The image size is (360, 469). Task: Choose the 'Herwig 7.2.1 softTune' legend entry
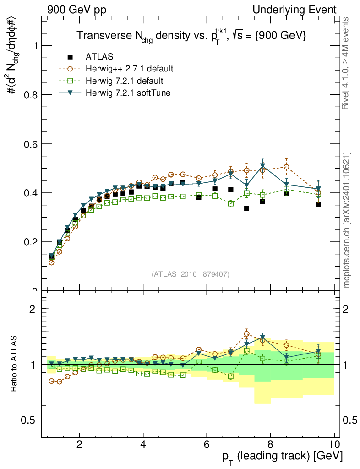(128, 93)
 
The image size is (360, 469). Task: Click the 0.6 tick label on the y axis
(31, 144)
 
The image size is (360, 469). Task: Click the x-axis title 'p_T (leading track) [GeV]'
(283, 456)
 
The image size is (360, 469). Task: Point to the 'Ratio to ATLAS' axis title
(15, 365)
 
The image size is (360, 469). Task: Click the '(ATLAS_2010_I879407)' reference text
(191, 274)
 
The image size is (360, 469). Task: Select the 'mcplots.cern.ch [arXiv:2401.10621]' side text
(347, 219)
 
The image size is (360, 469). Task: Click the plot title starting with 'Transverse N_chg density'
(191, 35)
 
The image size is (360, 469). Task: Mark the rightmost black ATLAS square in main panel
(318, 204)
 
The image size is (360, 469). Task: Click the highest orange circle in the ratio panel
(246, 334)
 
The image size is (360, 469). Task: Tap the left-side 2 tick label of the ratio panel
(33, 309)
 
